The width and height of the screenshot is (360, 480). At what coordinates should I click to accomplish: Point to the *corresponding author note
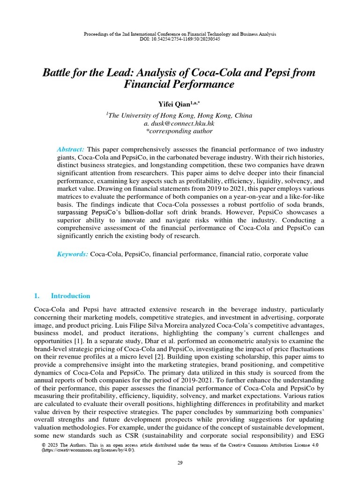pos(180,131)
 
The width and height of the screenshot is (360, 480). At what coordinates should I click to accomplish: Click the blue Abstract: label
pos(70,149)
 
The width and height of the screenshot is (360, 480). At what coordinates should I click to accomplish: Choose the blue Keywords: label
pos(72,254)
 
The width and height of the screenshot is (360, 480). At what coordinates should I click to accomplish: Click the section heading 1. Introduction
pos(62,296)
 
